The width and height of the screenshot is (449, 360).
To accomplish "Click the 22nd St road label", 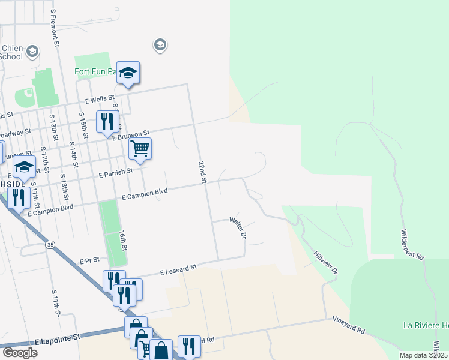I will point(203,172).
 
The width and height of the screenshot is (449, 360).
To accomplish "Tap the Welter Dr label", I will point(238,228).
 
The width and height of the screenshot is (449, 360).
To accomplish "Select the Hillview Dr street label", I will point(326,263).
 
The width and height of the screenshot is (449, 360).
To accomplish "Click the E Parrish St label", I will point(116,174).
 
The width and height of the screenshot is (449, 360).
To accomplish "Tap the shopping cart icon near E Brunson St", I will point(140,148).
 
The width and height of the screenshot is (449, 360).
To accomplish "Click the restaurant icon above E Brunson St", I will point(107,121).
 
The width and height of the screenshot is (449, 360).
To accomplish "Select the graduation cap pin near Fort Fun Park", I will point(128,73).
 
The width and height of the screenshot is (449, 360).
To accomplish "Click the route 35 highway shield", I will point(50,244).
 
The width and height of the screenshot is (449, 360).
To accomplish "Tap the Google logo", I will point(20,353).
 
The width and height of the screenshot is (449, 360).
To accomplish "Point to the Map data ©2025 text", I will point(423,355).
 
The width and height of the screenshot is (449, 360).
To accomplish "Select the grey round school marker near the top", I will point(160,44).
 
